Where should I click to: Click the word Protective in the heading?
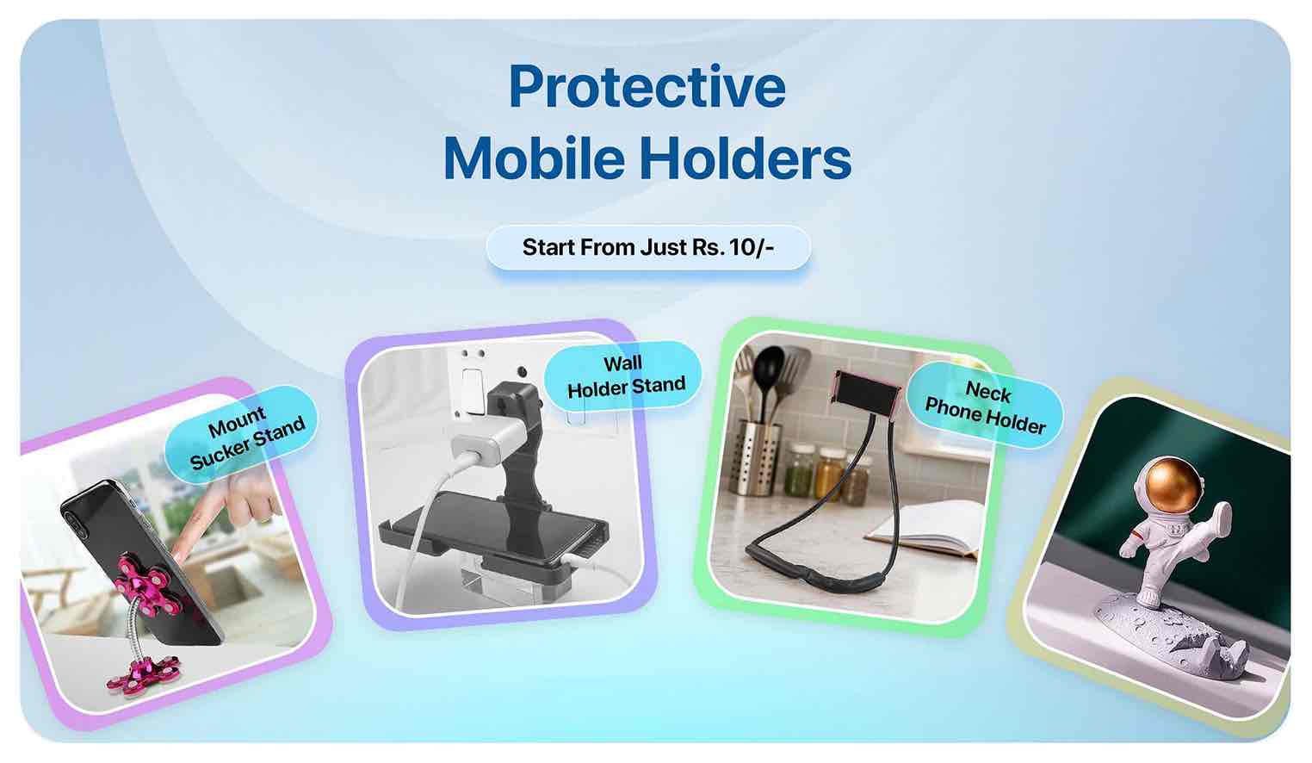[647, 88]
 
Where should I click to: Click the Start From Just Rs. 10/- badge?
[648, 248]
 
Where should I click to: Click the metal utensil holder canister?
[757, 456]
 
